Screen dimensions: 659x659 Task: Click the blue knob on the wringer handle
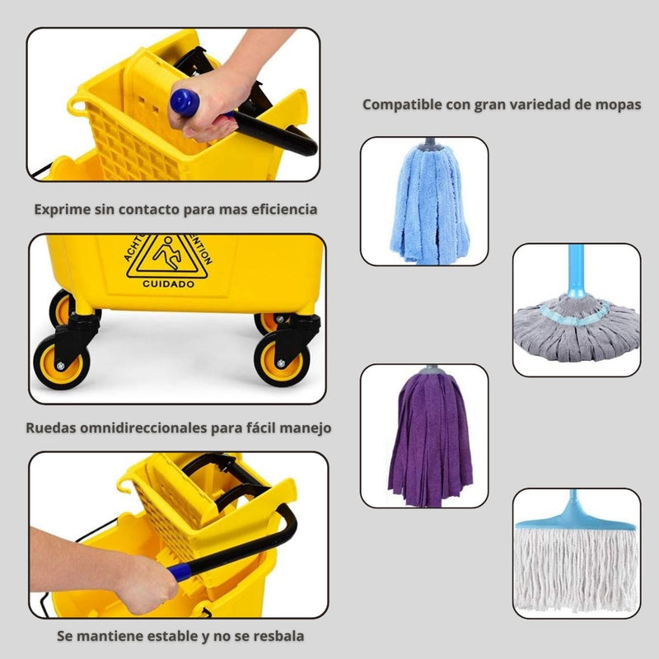pyautogui.click(x=185, y=103)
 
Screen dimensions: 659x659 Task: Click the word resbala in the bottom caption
pyautogui.click(x=276, y=636)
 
